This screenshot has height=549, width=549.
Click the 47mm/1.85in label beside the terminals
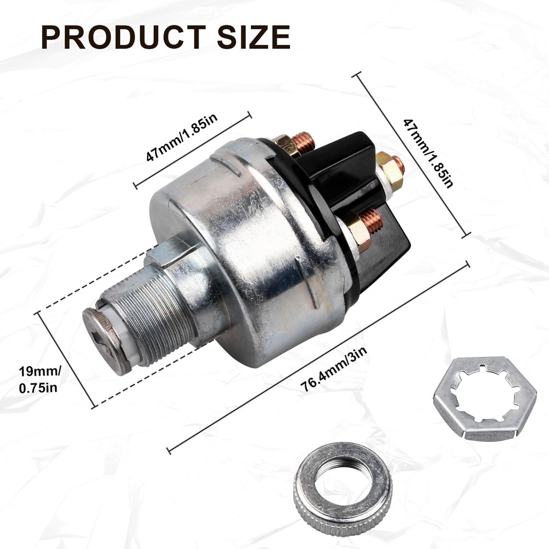click(x=428, y=153)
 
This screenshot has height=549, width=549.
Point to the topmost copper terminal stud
click(x=303, y=142)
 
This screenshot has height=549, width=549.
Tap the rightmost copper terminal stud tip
click(x=399, y=164)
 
